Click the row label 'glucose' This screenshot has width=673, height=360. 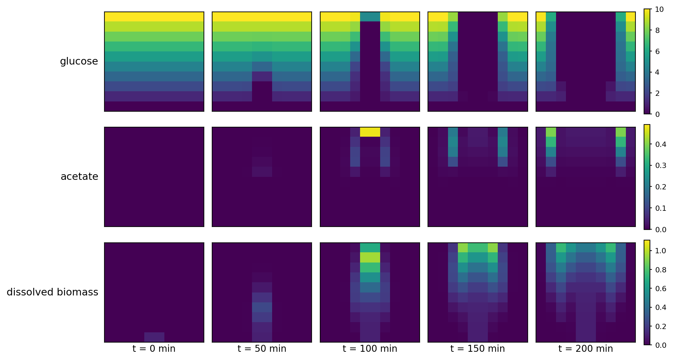[79, 61]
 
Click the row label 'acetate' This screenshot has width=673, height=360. [79, 177]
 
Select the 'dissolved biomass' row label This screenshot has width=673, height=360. [52, 292]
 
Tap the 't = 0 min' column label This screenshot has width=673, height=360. [154, 348]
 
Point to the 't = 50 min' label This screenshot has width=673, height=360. [262, 348]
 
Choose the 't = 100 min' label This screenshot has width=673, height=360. [370, 348]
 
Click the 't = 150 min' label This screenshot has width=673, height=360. [477, 348]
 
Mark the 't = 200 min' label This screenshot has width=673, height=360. [585, 348]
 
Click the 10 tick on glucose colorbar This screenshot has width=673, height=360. [659, 10]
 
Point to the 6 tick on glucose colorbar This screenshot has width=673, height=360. [657, 51]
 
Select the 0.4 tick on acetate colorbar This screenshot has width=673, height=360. [660, 144]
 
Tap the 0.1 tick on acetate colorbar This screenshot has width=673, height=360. [660, 208]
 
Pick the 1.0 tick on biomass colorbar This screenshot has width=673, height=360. [660, 251]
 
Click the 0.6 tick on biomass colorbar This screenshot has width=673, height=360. [660, 289]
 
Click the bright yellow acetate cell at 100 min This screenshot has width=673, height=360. [370, 132]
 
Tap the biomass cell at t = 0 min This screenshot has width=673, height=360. [154, 337]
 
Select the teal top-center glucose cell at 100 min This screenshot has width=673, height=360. [370, 17]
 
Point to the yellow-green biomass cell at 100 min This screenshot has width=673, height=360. [370, 258]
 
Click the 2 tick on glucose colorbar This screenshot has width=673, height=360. [657, 93]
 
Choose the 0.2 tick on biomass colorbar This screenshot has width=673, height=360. [660, 326]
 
